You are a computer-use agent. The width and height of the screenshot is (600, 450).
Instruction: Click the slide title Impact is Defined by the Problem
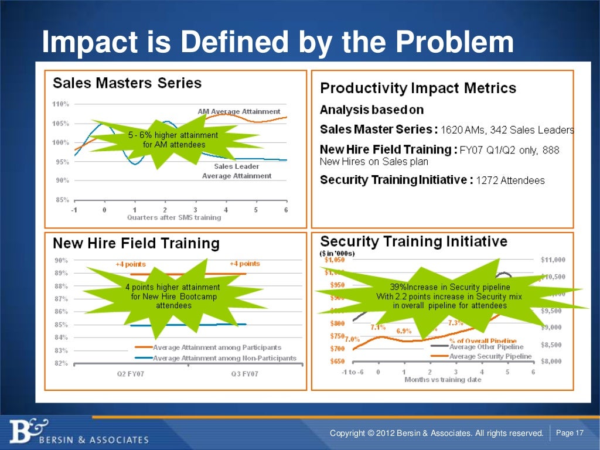(278, 43)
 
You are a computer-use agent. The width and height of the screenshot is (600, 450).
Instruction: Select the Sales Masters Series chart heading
(127, 83)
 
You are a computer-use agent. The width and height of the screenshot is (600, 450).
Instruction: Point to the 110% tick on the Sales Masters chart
(61, 104)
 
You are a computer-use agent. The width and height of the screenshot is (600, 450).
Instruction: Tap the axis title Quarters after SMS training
(174, 217)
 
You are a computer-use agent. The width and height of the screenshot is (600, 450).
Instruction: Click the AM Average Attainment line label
(238, 111)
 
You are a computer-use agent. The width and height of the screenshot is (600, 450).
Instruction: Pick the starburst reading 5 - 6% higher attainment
(173, 139)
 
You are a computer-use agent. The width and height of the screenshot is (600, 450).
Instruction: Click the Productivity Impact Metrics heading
(418, 88)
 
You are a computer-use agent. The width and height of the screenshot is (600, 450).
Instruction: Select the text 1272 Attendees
(510, 180)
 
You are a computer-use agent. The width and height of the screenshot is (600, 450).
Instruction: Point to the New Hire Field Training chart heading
(136, 243)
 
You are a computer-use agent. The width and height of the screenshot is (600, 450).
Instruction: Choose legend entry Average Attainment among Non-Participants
(224, 358)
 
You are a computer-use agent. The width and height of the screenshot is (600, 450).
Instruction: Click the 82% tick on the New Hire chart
(60, 363)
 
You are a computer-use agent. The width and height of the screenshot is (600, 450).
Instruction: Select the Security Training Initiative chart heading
(414, 241)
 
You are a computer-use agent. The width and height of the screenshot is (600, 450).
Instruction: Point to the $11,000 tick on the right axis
(552, 260)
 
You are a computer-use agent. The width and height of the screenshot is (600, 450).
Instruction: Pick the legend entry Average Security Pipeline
(490, 356)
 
